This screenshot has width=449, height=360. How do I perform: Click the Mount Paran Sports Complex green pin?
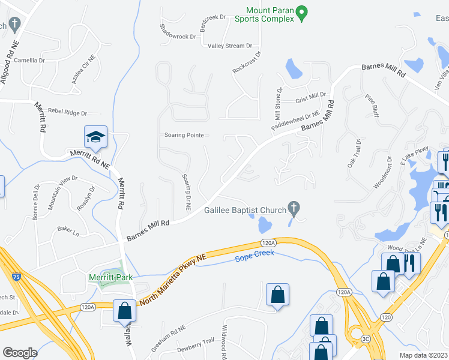(x=303, y=11)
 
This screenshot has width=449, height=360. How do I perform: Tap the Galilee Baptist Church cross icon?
(x=294, y=208)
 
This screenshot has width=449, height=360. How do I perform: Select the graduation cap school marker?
(x=96, y=137)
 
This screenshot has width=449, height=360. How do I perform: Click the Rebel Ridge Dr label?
(x=68, y=112)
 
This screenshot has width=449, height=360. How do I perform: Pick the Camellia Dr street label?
(x=25, y=61)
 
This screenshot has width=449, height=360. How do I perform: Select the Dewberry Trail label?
(x=196, y=345)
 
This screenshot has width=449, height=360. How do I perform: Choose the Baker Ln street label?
(x=68, y=229)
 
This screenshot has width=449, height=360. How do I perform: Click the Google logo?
(x=20, y=353)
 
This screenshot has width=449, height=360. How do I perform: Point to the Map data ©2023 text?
(x=424, y=355)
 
